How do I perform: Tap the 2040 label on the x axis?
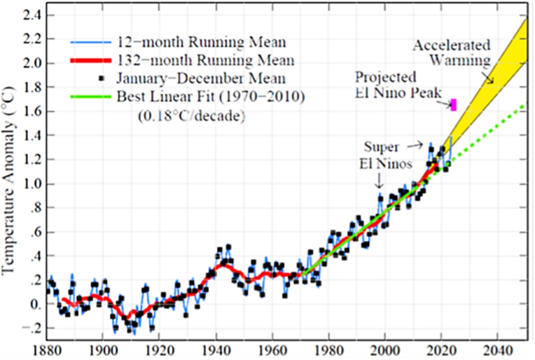[498, 349]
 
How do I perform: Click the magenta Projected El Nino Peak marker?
[454, 105]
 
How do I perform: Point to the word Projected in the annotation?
[385, 77]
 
